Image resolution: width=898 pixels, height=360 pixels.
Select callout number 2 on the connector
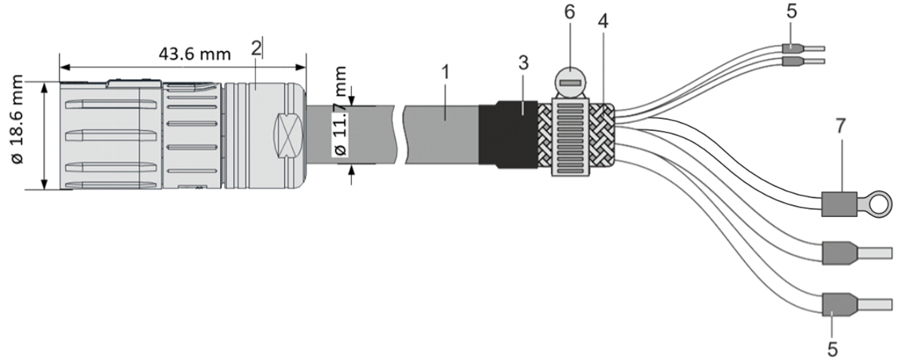click(x=256, y=47)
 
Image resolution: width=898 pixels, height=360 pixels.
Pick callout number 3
click(x=523, y=64)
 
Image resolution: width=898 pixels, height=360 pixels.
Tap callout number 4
click(x=603, y=22)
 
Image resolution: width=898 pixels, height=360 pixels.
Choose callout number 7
click(x=840, y=127)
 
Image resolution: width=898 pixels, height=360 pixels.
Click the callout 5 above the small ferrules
click(x=791, y=13)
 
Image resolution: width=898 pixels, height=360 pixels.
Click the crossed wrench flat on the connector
click(x=288, y=131)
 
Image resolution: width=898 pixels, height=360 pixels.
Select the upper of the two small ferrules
click(x=793, y=48)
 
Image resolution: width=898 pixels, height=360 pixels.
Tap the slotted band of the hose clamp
click(x=576, y=136)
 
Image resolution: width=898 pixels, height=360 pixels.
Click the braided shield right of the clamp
click(x=604, y=136)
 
